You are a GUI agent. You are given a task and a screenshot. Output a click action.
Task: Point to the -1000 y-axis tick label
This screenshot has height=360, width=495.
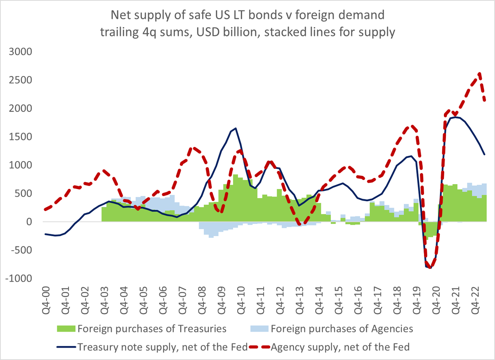tap(20, 279)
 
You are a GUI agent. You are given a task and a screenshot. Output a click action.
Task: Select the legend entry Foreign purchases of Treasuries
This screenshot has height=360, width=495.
tap(152, 329)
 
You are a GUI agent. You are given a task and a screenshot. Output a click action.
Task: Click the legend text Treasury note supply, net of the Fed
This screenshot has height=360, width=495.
tap(162, 347)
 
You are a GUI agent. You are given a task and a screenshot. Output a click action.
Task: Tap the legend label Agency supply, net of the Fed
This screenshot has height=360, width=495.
tap(340, 347)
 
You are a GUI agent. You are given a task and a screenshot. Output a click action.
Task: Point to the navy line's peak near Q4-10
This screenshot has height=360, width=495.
tap(236, 128)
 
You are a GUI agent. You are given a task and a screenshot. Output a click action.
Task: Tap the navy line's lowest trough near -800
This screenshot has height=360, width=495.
tap(430, 268)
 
